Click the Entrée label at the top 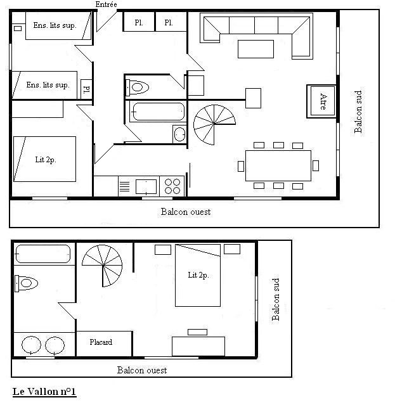click(106, 4)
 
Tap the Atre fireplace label click(323, 101)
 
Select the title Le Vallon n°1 click(44, 392)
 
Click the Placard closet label click(101, 342)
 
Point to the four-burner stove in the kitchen click(172, 186)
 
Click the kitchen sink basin click(146, 186)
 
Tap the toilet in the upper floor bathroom click(137, 87)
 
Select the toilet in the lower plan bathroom click(26, 283)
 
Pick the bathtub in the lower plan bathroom click(42, 254)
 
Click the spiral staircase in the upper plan click(214, 124)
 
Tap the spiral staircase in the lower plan click(102, 266)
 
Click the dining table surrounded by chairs click(278, 165)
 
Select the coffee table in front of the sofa click(256, 49)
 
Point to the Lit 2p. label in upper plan click(46, 160)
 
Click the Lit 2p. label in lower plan click(198, 275)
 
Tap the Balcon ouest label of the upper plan click(186, 212)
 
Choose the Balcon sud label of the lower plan click(276, 299)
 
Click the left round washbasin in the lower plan click(31, 345)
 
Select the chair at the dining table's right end click(316, 165)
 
